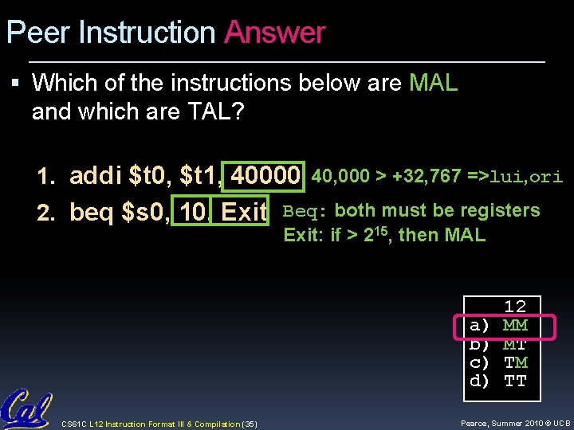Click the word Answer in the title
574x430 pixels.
(x=275, y=33)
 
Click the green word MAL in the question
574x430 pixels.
(x=433, y=83)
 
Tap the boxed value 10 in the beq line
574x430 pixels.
(x=192, y=213)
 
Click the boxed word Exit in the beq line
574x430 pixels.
(x=243, y=213)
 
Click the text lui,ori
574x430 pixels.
(x=526, y=177)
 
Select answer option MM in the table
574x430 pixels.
(x=515, y=326)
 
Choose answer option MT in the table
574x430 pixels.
(x=515, y=344)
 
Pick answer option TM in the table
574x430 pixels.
(x=515, y=362)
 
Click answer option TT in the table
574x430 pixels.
(x=515, y=381)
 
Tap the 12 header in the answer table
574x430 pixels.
(x=515, y=307)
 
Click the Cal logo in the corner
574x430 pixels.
(x=26, y=408)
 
